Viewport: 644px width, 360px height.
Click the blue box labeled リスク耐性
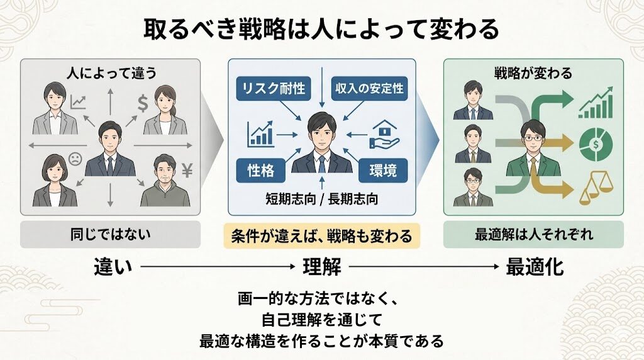(272, 89)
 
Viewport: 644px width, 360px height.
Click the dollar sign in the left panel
(142, 101)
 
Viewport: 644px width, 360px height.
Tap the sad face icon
(75, 160)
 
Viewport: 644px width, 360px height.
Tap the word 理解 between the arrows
(321, 267)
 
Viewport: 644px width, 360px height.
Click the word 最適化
(535, 267)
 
